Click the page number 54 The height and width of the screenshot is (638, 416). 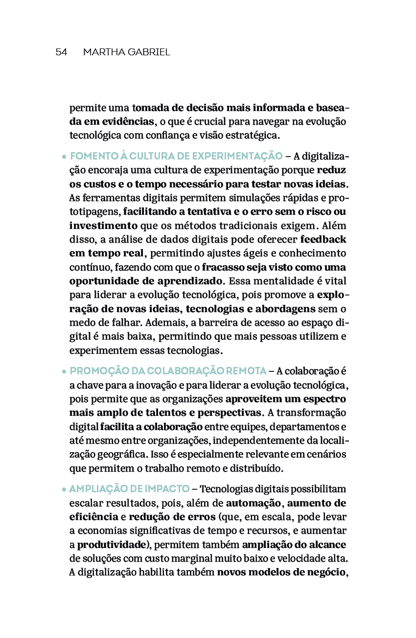click(61, 52)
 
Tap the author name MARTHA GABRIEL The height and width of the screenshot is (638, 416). click(127, 52)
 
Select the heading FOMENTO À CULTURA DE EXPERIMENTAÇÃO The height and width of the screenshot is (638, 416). click(176, 156)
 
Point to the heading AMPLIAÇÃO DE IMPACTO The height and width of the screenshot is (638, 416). click(129, 489)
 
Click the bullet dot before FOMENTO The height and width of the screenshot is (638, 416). click(64, 157)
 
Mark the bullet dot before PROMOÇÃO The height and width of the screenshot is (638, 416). click(64, 371)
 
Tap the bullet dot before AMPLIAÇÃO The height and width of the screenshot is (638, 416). click(64, 490)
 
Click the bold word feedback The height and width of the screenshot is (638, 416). click(323, 240)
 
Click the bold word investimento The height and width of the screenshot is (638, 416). click(103, 226)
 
